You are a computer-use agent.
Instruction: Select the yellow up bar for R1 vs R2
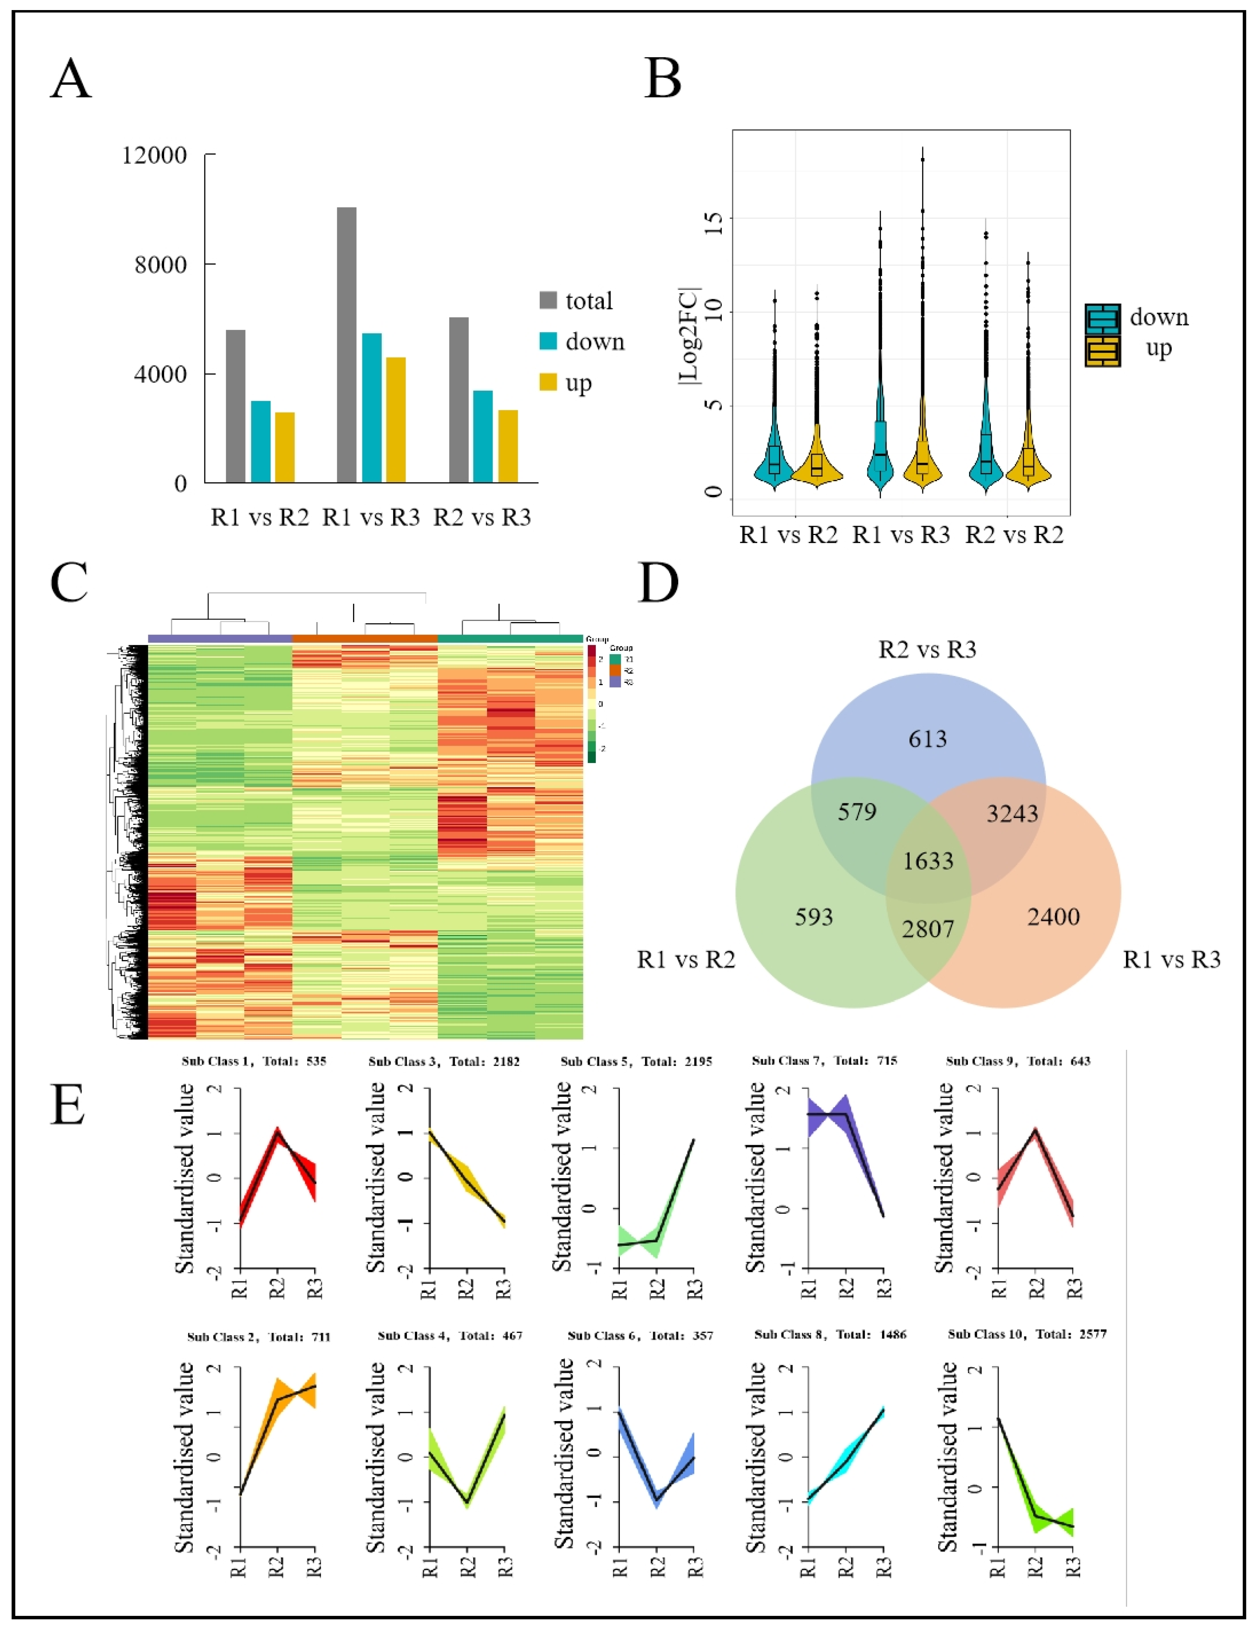[x=284, y=448]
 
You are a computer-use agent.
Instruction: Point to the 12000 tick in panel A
[x=155, y=155]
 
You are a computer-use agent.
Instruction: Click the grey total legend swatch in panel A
[x=548, y=300]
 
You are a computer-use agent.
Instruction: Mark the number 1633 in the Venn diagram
[x=928, y=861]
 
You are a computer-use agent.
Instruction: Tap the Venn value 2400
[x=1053, y=917]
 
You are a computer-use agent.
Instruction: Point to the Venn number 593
[x=813, y=917]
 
